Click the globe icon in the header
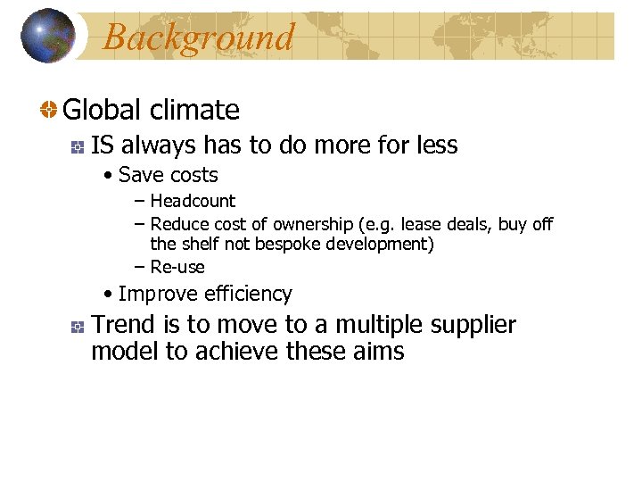coord(48,36)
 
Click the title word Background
coord(198,37)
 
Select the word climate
coord(194,111)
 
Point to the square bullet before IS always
coord(78,145)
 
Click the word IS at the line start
coord(102,145)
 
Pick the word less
coord(435,145)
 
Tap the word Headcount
coord(193,202)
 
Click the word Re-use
coord(177,267)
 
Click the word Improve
coord(158,295)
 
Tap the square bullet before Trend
coord(78,326)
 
